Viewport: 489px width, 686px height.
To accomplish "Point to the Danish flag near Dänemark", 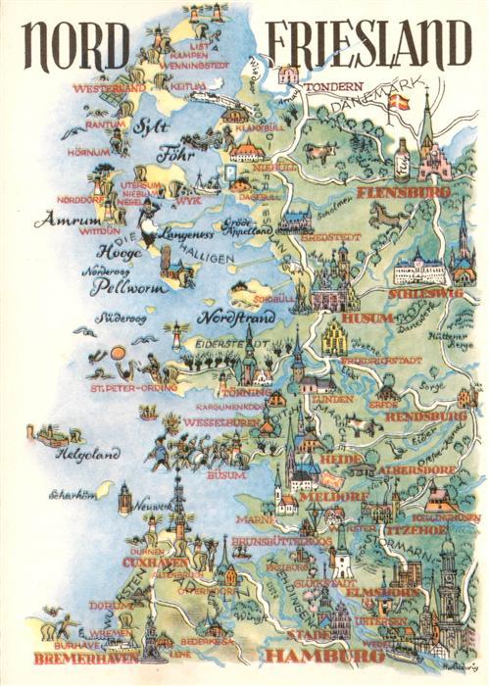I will pos(399,100).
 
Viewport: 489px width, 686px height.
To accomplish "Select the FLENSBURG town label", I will pos(405,192).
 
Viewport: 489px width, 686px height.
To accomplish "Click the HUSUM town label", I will pos(367,318).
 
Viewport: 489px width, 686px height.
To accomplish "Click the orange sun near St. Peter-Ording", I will pos(118,353).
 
